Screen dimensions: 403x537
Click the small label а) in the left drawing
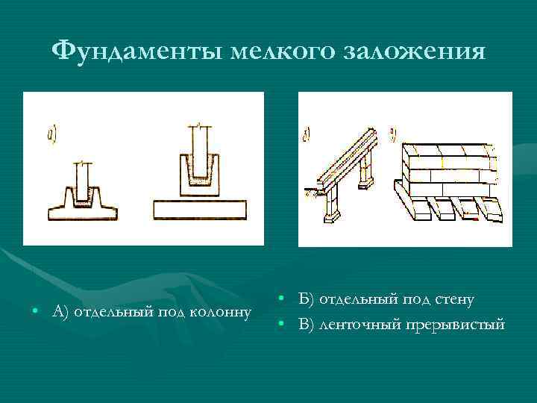click(52, 135)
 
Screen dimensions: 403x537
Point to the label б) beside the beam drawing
click(307, 136)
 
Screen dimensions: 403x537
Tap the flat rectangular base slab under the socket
click(199, 210)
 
